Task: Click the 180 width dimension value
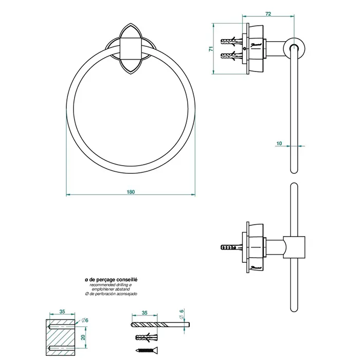(131, 192)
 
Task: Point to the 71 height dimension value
(211, 49)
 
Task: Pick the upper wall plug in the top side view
(228, 40)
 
